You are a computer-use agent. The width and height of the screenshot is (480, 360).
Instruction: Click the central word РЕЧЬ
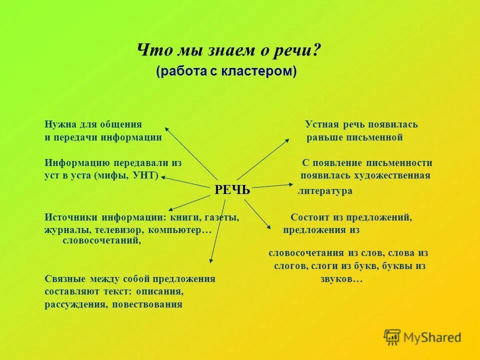tap(232, 190)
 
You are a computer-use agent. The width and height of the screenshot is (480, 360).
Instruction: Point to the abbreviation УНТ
tap(145, 175)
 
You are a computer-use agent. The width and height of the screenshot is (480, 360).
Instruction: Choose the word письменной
tap(373, 137)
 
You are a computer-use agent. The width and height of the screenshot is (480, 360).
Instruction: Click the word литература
tap(325, 191)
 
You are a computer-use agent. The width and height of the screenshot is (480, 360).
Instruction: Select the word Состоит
tap(309, 217)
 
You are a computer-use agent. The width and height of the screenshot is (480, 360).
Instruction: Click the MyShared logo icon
tap(392, 337)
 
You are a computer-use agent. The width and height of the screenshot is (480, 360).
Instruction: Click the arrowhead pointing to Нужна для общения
tap(167, 128)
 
